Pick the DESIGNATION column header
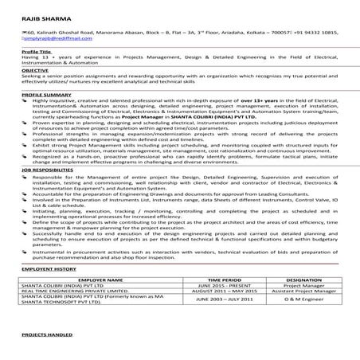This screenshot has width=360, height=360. point(307,281)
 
